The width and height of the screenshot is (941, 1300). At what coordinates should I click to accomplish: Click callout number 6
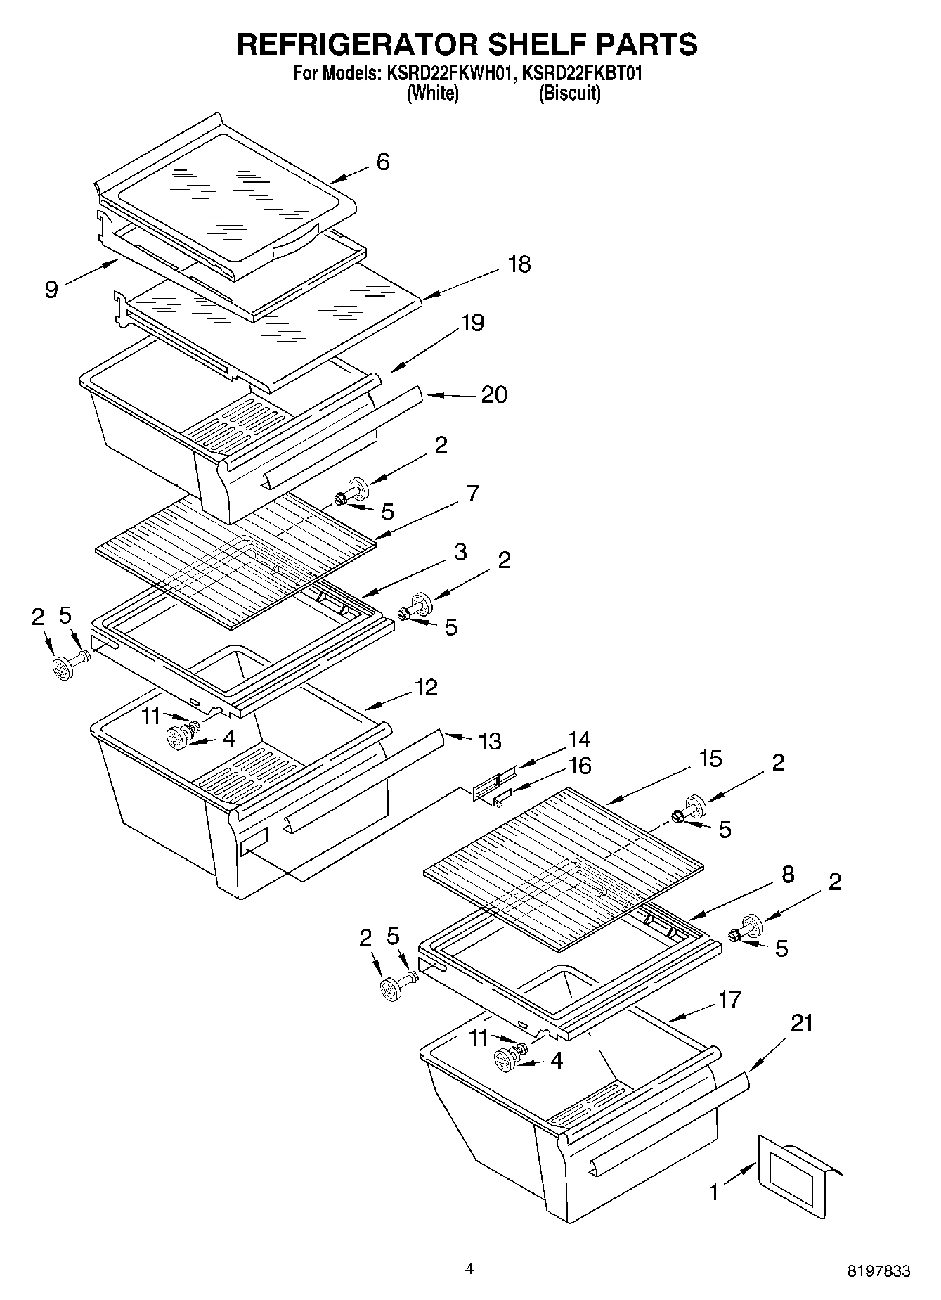coord(382,162)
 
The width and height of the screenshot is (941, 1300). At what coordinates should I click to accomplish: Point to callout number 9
coord(51,289)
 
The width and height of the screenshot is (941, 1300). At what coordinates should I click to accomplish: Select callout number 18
coord(519,265)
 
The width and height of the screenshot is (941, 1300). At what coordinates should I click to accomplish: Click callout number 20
coord(493,394)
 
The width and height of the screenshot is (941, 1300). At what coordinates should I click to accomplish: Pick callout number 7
coord(473,494)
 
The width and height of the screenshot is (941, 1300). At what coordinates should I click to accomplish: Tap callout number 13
coord(489,740)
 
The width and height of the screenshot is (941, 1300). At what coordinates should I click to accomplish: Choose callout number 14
coord(579,739)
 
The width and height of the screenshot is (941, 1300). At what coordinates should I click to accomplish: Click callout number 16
coord(580,765)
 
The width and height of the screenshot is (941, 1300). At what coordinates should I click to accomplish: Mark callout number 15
coord(710,759)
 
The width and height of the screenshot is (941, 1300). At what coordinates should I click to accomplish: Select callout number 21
coord(801,1023)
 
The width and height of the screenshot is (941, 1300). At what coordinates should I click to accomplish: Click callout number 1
coord(715,1192)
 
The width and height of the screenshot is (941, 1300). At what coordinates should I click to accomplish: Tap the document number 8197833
coord(878,1271)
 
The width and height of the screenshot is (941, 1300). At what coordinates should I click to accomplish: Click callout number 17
coord(730,999)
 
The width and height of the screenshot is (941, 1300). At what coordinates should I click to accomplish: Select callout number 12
coord(426,687)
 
